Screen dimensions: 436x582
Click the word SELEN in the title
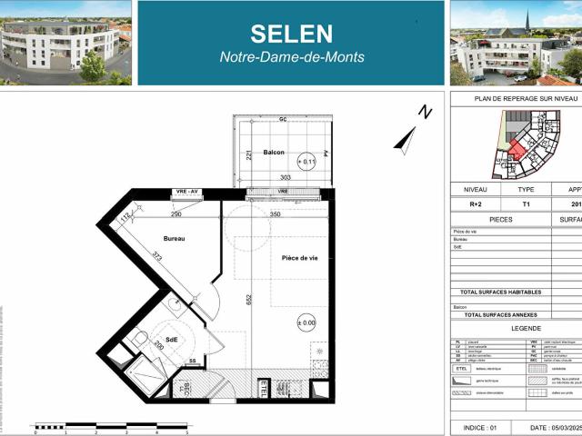tap(291, 34)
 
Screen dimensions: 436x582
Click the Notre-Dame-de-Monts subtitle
tap(292, 57)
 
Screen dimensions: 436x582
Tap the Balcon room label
tap(274, 152)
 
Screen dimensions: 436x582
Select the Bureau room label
tap(175, 239)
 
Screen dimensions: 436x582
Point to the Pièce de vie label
tap(299, 258)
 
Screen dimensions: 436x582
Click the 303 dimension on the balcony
tap(286, 178)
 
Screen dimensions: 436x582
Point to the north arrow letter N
tap(424, 112)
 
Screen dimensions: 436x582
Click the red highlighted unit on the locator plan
tap(516, 148)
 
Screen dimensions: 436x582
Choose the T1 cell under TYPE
tap(527, 205)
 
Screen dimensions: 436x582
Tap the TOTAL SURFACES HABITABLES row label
tap(501, 292)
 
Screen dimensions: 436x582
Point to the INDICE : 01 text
tap(480, 427)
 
